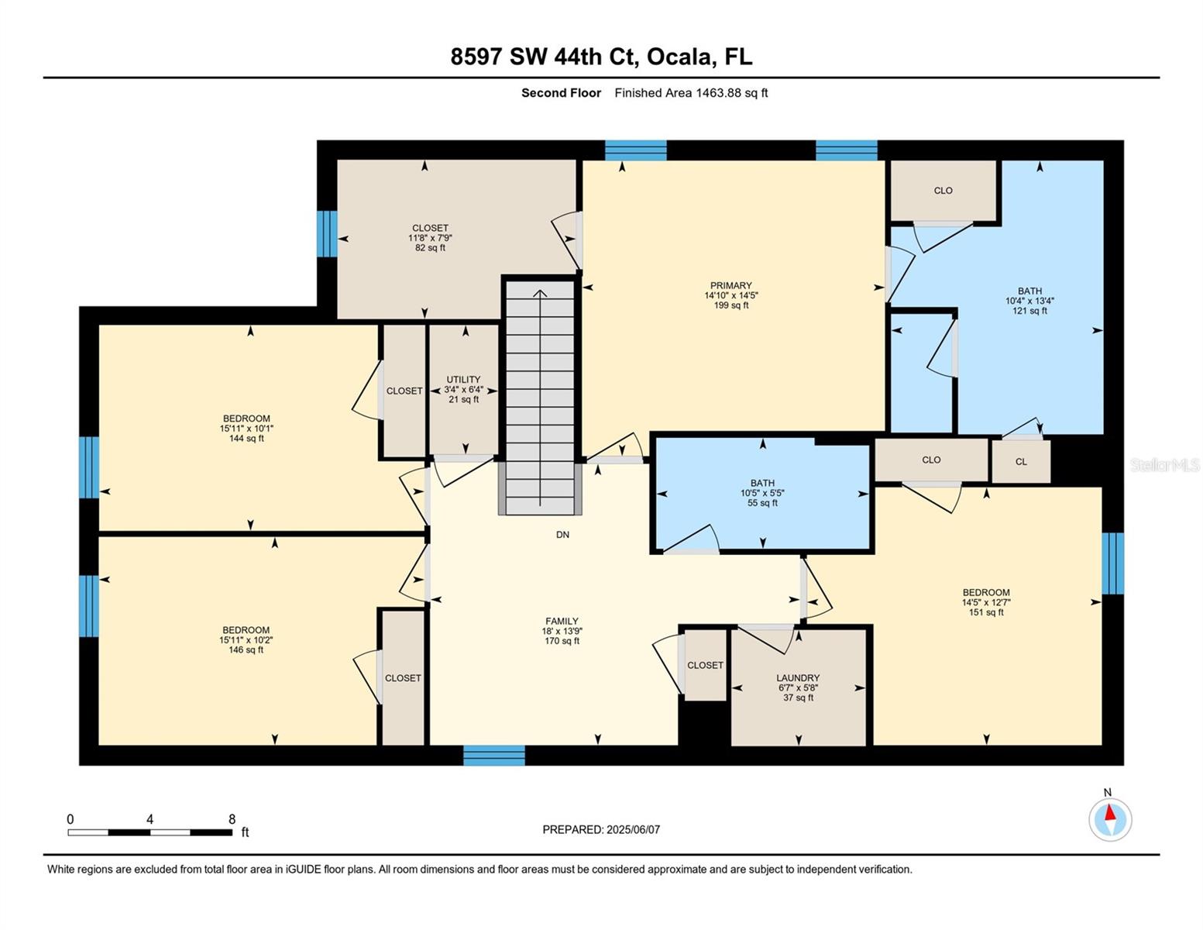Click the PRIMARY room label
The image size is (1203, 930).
pos(730,285)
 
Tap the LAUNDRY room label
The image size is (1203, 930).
pos(798,677)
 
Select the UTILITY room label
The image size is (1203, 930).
pos(463,380)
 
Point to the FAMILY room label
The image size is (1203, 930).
pos(562,621)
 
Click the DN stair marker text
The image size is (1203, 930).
pos(562,535)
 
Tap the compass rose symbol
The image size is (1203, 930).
pos(1110,819)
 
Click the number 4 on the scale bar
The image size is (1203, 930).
pos(150,819)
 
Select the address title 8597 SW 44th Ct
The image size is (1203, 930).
pos(601,57)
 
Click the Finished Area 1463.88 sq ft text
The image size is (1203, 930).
pos(691,93)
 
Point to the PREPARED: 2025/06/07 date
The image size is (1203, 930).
pos(601,829)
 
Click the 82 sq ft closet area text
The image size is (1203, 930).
pos(430,248)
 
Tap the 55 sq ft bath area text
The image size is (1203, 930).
pos(762,503)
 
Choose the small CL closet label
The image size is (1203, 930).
pos(1021,462)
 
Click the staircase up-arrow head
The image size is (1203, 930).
pos(540,292)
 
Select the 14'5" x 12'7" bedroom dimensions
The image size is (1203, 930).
pos(986,602)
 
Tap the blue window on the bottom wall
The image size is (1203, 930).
pos(494,755)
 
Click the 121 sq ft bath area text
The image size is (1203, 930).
pos(1029,311)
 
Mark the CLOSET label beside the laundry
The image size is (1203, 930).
pos(705,665)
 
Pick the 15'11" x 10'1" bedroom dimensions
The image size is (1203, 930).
pos(246,429)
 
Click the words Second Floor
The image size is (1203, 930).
pos(561,93)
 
